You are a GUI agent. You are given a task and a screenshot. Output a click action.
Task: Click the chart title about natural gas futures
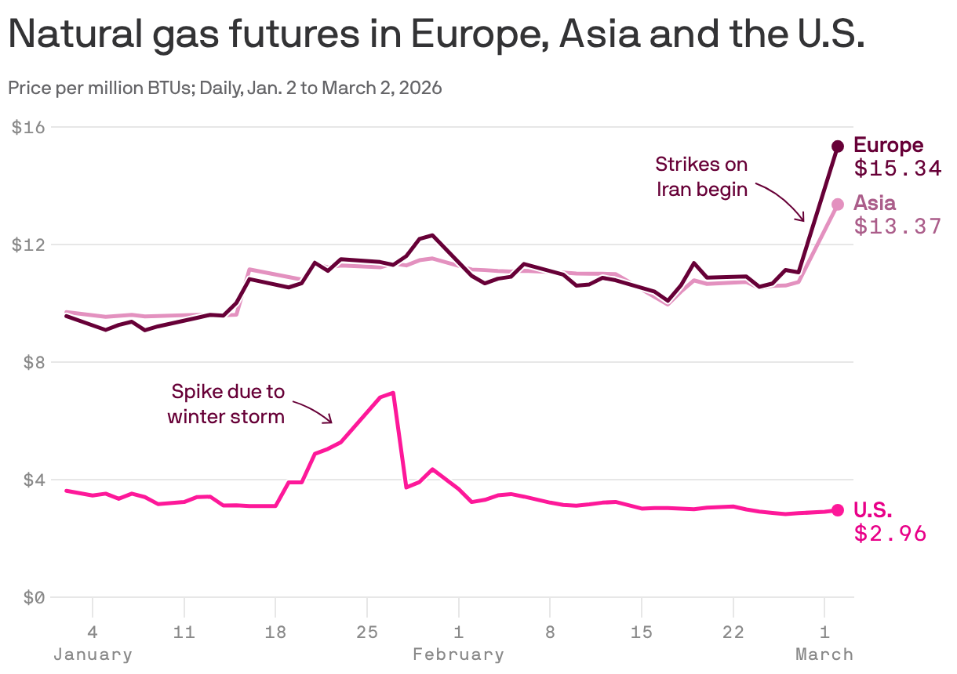coord(436,35)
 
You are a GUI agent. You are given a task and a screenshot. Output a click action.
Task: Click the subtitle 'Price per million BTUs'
coord(224,88)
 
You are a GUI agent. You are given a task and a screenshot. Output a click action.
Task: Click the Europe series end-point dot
coord(837,146)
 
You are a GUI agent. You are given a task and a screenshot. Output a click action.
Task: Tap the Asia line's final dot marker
coord(837,204)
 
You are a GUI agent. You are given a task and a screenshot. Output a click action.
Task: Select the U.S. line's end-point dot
coord(837,510)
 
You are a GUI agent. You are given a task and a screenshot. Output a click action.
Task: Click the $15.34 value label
coord(897,168)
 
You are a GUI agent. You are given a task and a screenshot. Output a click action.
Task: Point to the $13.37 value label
coord(897,226)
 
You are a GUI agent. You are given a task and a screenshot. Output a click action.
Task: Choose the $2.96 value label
coord(890,534)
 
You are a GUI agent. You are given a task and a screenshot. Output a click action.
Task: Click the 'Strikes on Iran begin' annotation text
coord(701,177)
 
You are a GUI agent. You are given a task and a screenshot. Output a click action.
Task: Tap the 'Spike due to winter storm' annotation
coord(227,404)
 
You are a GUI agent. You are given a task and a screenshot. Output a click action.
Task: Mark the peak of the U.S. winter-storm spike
coord(392,393)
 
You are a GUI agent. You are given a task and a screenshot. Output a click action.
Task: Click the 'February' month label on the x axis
coord(458,654)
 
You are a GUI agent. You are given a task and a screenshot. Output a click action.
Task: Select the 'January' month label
coord(93,654)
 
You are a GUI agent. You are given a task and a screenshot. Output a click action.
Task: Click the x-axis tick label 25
coord(366,631)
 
